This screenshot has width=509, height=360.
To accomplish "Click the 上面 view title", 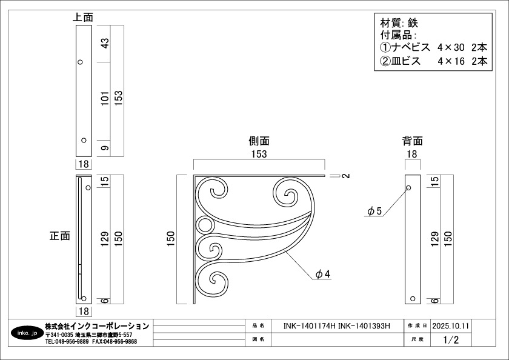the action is (83, 17).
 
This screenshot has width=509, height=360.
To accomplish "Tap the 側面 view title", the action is (259, 141).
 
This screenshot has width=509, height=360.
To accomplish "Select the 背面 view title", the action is (413, 141).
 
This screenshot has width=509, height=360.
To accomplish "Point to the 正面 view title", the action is (60, 236).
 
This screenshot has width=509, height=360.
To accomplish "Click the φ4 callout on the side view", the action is (323, 275).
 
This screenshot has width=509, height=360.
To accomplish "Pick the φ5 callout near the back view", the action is (374, 212).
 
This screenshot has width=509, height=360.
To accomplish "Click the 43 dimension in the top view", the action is (105, 44).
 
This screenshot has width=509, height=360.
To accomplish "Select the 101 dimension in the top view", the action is (105, 98).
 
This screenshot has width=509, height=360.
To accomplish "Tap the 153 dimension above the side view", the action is (259, 154).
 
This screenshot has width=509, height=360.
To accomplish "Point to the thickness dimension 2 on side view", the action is (347, 176).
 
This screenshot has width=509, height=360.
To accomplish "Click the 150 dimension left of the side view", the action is (171, 239).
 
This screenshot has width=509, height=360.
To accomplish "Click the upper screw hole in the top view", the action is (80, 62).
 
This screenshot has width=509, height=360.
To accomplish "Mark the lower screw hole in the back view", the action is (413, 299).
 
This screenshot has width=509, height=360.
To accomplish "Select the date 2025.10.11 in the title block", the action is (451, 326).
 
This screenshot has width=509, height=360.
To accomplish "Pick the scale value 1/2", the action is (451, 339).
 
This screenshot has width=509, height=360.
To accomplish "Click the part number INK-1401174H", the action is (310, 326).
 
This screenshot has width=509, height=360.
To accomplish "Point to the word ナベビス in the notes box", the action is (411, 47).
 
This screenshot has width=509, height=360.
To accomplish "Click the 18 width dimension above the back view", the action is (412, 154).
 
